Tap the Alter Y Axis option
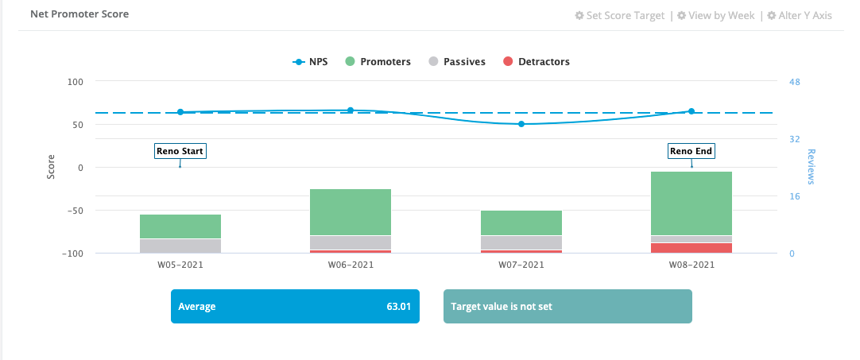click(x=800, y=15)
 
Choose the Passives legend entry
click(x=457, y=62)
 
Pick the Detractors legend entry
click(x=537, y=62)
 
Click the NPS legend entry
click(x=311, y=62)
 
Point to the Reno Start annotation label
click(x=180, y=151)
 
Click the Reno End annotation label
click(x=691, y=151)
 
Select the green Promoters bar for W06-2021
click(x=351, y=212)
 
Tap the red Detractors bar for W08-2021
click(x=691, y=248)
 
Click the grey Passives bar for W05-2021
click(x=180, y=246)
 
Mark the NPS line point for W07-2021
click(x=521, y=124)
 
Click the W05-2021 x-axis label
click(x=180, y=265)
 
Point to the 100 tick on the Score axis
click(x=76, y=82)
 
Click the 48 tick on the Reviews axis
click(x=793, y=82)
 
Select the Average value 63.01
click(x=398, y=307)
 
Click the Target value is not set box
click(x=568, y=307)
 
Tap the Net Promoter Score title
click(x=79, y=14)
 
